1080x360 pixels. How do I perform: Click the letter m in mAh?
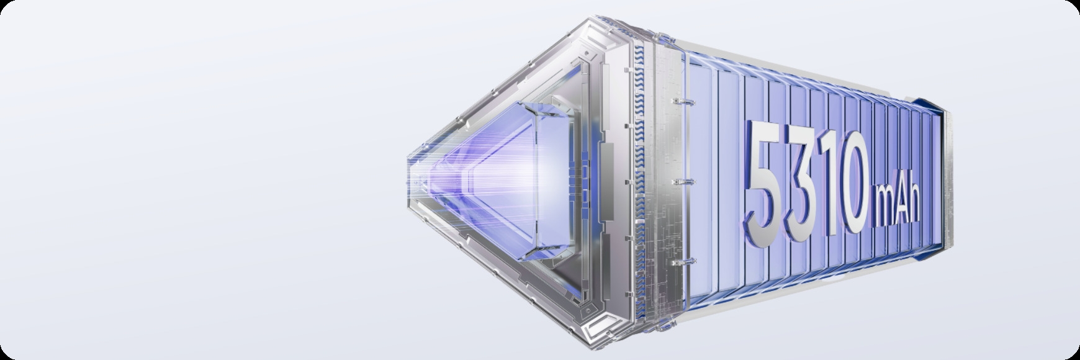884,210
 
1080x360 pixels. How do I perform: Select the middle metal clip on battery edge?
682,181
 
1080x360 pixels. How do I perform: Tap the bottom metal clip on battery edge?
682,262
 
